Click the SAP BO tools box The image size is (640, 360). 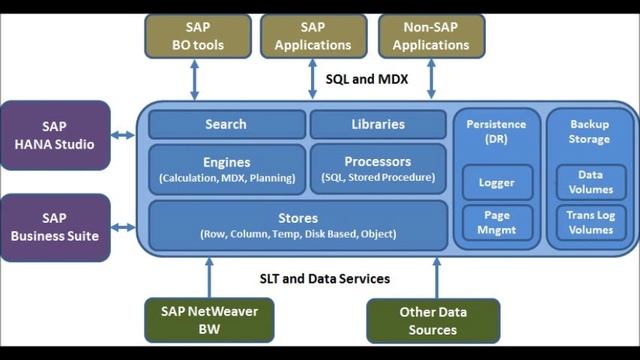coord(195,36)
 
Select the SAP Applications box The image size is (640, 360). coord(312,36)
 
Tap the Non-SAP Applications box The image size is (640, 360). coord(431,36)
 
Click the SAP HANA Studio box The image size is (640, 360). coord(54,135)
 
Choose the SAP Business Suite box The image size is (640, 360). coord(54,227)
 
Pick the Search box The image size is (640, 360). coord(226,124)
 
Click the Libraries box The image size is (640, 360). coord(378,124)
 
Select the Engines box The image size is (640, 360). coord(226,169)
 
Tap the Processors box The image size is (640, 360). coord(378,169)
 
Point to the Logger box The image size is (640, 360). coord(497,183)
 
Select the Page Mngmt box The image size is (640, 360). coord(497,221)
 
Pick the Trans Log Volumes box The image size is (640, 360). coord(590,222)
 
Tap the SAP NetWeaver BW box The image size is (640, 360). coord(209,320)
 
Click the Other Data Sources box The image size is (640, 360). coord(433,320)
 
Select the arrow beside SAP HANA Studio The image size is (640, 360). coord(124,135)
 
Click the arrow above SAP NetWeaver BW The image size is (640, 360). coord(209,275)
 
